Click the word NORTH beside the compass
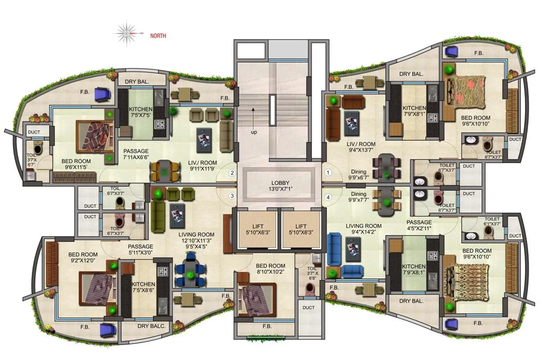point(158,36)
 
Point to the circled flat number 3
point(232,195)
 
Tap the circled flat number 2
point(232,173)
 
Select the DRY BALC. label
point(150,326)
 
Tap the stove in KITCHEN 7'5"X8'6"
point(164,271)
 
